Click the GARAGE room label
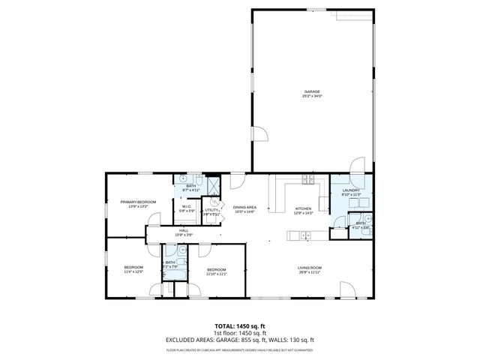coord(311,91)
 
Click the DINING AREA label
coord(244,208)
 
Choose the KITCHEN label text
coord(303,208)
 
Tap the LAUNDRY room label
coord(352,190)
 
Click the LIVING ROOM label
coord(310,268)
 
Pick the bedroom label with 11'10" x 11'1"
coord(216,269)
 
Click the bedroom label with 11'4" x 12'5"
coord(133,268)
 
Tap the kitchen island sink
coord(304,236)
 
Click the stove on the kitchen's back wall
coord(307,179)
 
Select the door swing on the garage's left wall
coord(259,135)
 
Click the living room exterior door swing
coord(346,290)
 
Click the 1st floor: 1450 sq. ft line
coord(239,332)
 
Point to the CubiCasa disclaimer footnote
coord(239,349)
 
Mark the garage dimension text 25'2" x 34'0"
coord(311,97)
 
